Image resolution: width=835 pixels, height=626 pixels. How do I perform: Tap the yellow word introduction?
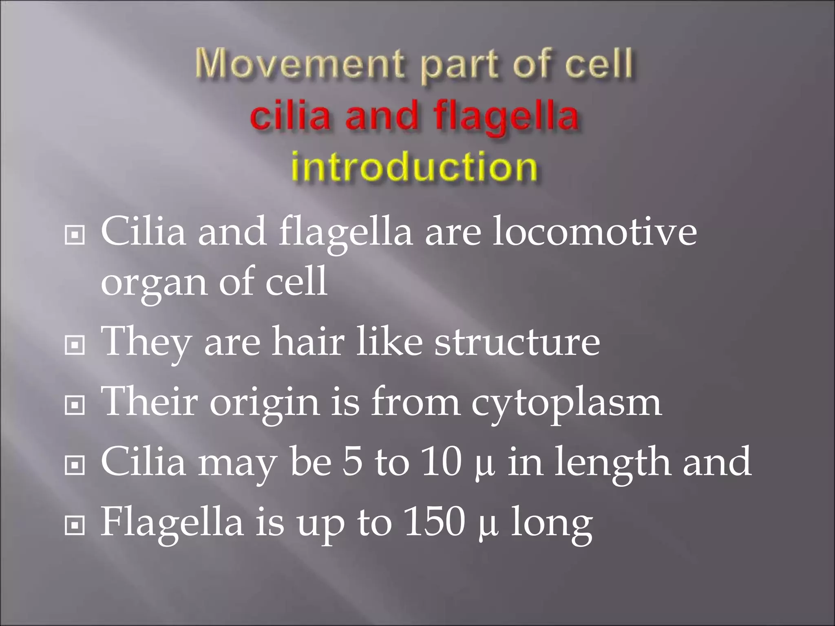[x=414, y=168]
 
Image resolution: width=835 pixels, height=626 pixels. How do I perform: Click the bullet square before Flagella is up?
[x=75, y=526]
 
